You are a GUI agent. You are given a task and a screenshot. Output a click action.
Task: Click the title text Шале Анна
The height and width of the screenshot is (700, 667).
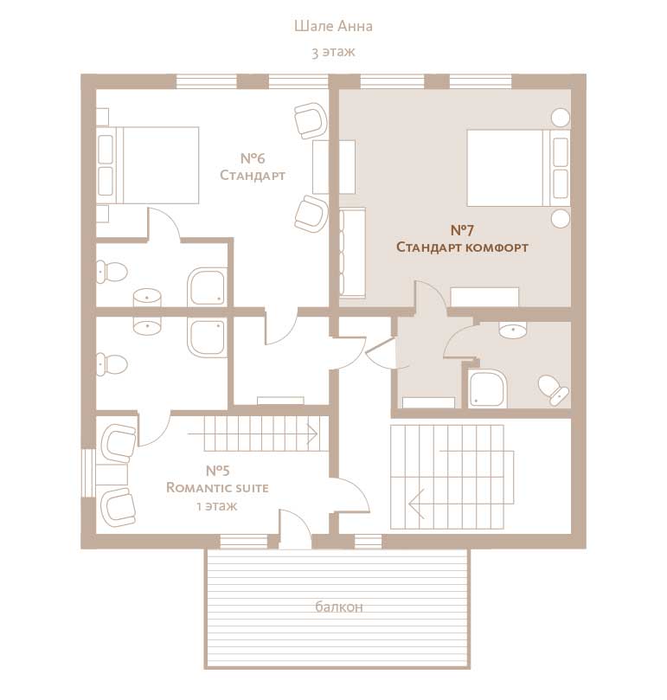pyautogui.click(x=333, y=26)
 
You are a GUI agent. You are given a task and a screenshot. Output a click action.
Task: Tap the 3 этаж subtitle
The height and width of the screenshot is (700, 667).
pyautogui.click(x=333, y=52)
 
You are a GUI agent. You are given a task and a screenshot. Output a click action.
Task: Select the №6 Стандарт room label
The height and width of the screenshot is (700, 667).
pyautogui.click(x=253, y=166)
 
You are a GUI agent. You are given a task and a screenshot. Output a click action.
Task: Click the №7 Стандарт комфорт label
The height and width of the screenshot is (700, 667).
pyautogui.click(x=462, y=239)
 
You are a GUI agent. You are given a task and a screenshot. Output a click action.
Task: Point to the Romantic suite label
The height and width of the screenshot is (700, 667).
pyautogui.click(x=217, y=487)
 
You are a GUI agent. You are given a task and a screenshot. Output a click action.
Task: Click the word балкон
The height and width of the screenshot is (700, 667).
pyautogui.click(x=339, y=607)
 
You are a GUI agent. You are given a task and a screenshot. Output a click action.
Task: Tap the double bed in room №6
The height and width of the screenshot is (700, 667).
pyautogui.click(x=148, y=165)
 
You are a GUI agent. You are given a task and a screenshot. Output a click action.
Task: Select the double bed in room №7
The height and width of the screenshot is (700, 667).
pyautogui.click(x=519, y=168)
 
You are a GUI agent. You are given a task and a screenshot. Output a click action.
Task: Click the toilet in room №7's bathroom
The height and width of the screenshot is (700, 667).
pyautogui.click(x=553, y=389)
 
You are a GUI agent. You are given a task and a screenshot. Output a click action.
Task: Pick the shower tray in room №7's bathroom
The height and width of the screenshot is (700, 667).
pyautogui.click(x=488, y=389)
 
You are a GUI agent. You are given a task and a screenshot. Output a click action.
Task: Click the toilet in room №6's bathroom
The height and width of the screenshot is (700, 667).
pyautogui.click(x=112, y=272)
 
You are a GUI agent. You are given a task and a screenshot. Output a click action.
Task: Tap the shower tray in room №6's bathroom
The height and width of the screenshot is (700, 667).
pyautogui.click(x=207, y=287)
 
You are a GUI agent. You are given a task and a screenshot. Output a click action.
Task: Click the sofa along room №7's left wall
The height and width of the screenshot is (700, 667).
pyautogui.click(x=352, y=253)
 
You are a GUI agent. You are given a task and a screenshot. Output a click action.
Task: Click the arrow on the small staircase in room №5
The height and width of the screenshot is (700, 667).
pyautogui.click(x=253, y=433)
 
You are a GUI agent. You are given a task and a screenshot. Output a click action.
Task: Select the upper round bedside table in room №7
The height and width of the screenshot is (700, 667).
pyautogui.click(x=561, y=118)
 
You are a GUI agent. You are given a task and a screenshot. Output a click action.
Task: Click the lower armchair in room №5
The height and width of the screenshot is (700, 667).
pyautogui.click(x=119, y=506)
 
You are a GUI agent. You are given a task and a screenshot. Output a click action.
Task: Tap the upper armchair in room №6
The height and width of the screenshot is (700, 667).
pyautogui.click(x=311, y=120)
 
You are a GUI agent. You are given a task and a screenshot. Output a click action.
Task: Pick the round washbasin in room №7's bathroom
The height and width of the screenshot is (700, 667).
pyautogui.click(x=513, y=330)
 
